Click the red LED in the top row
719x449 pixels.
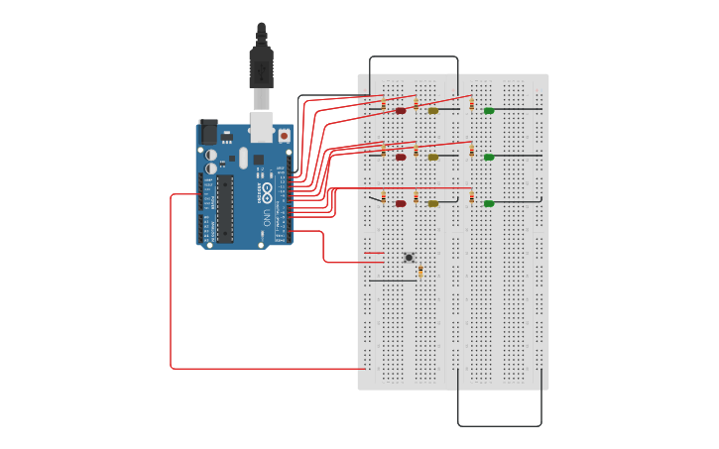coord(401,110)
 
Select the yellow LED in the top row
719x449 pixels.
coord(432,110)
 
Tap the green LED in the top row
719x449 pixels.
coord(489,110)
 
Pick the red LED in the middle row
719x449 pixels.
coord(401,157)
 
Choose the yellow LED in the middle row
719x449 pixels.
coord(432,157)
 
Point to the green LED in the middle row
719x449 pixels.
coord(489,157)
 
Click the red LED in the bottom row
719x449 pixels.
coord(401,203)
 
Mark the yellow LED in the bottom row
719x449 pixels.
coord(432,203)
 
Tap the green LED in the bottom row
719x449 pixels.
coord(489,203)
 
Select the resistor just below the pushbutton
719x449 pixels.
coord(420,272)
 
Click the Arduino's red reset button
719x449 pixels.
coord(284,136)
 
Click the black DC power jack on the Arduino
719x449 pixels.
coord(209,132)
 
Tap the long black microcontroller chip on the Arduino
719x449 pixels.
coord(225,208)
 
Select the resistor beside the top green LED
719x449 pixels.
coord(471,104)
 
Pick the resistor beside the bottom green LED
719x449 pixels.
coord(471,197)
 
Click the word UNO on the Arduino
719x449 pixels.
coord(267,215)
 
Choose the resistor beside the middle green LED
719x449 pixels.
coord(471,151)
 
